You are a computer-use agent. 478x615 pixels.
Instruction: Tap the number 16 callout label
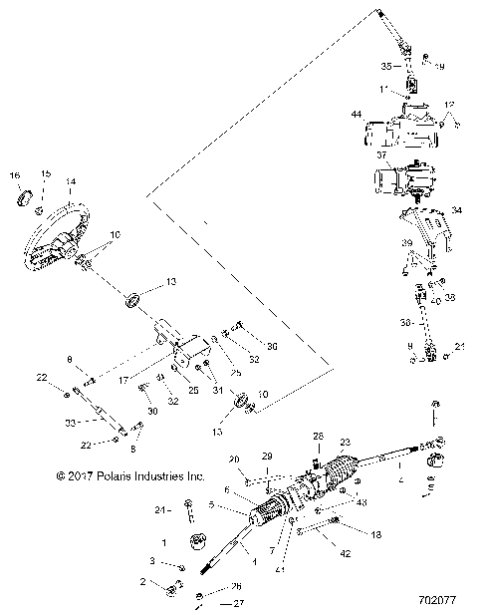coord(15,174)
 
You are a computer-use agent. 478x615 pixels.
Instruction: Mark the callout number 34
coord(457,210)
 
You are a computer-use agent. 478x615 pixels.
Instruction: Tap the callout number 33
coord(71,422)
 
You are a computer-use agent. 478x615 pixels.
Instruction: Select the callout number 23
coord(347,442)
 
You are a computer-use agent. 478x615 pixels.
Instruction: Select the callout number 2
coord(142,580)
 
